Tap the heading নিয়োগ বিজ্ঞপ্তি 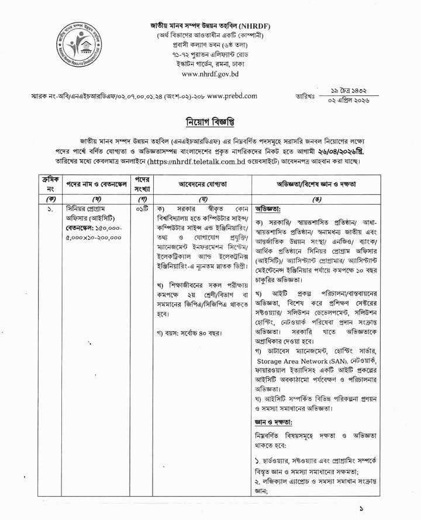click(210, 121)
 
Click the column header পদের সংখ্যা click(143, 184)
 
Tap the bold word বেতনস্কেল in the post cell click(80, 229)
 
